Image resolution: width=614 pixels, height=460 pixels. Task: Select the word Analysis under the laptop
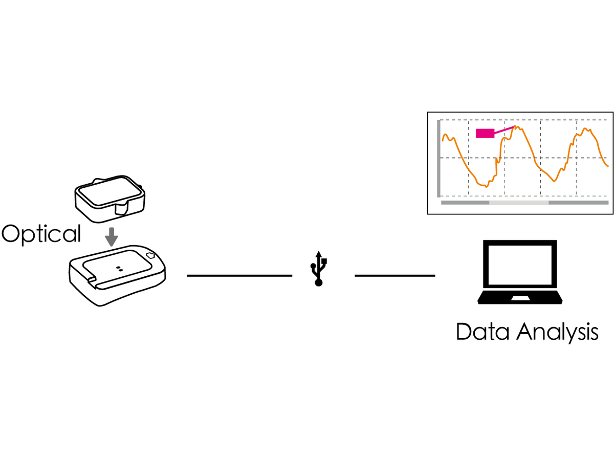pos(557,333)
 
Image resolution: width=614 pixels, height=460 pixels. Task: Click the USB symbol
pos(319,269)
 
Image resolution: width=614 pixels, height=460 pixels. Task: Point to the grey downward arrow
pos(112,237)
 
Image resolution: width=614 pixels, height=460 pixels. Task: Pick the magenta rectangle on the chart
pos(485,133)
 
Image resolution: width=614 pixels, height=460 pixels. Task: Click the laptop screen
pos(520,265)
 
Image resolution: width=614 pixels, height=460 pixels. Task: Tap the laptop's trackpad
pos(520,298)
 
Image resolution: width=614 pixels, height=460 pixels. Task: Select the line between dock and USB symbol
pos(239,275)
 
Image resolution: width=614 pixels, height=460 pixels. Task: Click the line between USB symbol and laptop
pos(394,275)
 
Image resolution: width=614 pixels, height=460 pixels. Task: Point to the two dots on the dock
pos(119,269)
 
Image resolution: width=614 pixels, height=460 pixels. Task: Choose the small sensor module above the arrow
pos(110,199)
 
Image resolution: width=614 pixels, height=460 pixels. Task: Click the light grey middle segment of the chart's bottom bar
pos(519,203)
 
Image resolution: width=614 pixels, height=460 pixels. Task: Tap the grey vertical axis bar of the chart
pos(438,158)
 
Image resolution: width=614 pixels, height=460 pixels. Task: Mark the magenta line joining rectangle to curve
pos(504,131)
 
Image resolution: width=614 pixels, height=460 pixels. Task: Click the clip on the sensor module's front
pos(122,209)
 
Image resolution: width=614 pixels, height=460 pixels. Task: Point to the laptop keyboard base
pos(520,297)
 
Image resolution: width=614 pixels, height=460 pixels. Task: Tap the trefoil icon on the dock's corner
pos(150,255)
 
